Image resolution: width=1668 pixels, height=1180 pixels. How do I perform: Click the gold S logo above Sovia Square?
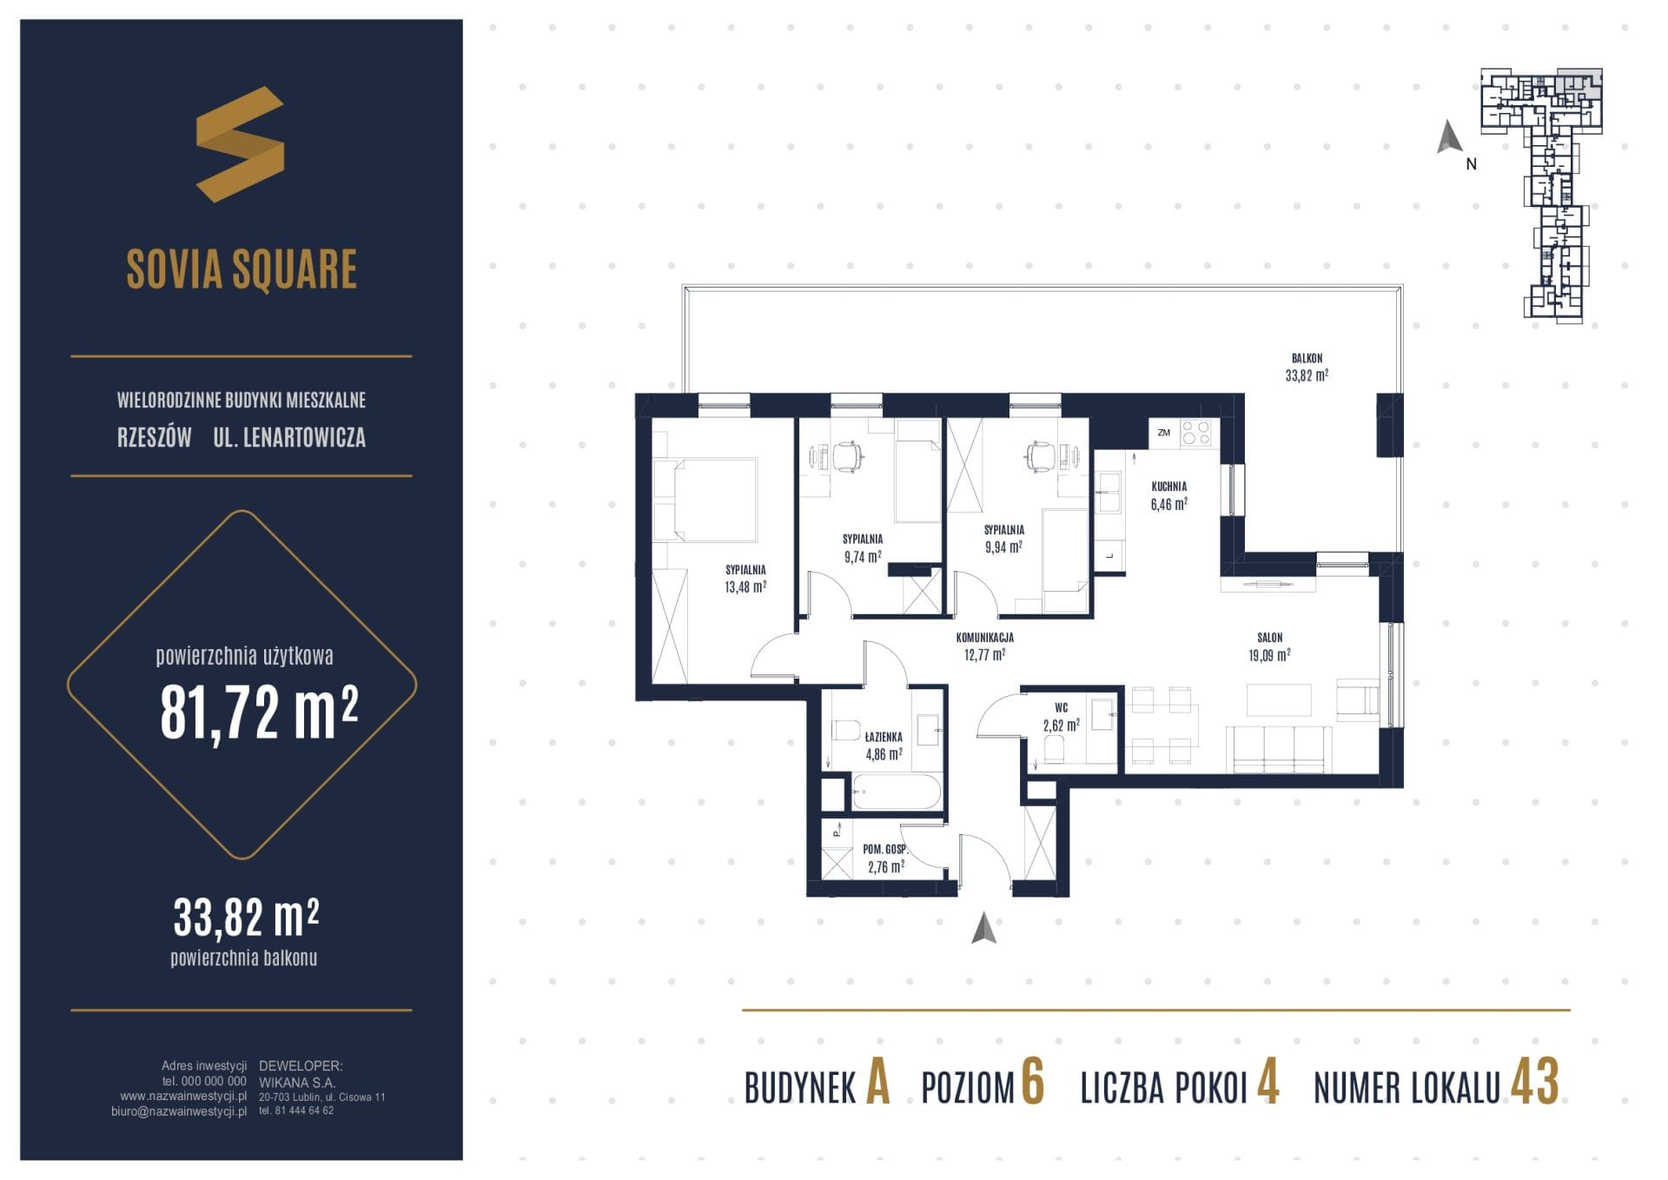click(240, 144)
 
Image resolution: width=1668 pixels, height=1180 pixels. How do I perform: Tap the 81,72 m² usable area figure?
click(259, 712)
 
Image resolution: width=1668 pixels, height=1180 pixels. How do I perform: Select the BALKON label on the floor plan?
click(1307, 358)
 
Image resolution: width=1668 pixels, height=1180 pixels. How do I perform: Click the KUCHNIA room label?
click(1168, 487)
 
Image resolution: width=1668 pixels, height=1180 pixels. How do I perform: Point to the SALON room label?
click(1269, 638)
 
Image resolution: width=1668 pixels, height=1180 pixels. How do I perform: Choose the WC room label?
click(1062, 708)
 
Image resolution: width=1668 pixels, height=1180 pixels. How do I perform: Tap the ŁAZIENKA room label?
click(884, 737)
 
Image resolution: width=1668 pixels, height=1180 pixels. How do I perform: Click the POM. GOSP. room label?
click(885, 849)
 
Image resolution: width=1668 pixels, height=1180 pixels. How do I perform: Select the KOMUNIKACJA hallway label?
click(984, 638)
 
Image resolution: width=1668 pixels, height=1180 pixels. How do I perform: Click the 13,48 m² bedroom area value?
click(745, 587)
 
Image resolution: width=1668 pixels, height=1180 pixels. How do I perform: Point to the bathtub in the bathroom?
click(896, 792)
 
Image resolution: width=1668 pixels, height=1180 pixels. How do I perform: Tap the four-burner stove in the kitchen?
click(1196, 433)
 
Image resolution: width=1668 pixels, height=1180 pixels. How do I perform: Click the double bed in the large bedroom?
click(705, 500)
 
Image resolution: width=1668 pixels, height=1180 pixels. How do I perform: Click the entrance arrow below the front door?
click(983, 928)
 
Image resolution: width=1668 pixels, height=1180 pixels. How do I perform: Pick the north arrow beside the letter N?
click(1447, 137)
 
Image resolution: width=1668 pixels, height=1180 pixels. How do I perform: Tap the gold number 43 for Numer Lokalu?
click(1535, 1082)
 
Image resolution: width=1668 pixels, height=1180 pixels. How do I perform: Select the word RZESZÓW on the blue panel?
click(155, 437)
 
